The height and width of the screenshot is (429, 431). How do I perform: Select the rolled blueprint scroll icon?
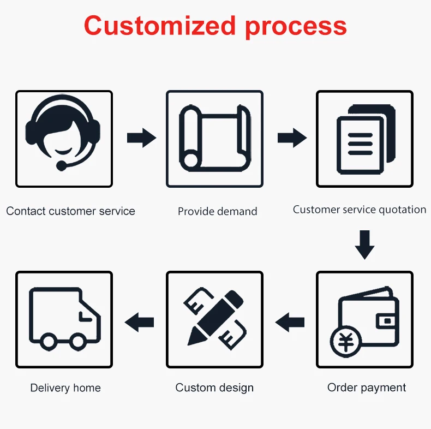click(214, 139)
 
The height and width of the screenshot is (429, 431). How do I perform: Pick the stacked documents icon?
click(365, 139)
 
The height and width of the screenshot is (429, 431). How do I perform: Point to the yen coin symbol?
click(346, 342)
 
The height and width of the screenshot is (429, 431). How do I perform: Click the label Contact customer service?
click(70, 211)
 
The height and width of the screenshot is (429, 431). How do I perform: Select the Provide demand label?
click(217, 211)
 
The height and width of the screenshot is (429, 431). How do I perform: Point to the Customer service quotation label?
click(360, 210)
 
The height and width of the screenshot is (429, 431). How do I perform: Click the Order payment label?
click(367, 388)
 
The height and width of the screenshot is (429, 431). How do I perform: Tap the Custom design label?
click(214, 388)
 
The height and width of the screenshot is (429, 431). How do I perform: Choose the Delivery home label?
click(65, 388)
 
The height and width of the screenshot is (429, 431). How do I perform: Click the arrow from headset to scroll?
click(141, 138)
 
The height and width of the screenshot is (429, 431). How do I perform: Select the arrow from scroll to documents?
click(292, 138)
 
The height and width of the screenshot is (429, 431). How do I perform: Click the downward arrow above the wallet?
click(364, 245)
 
